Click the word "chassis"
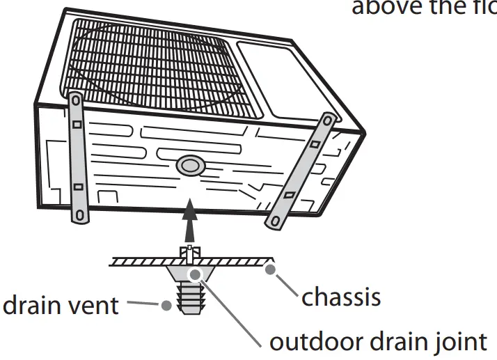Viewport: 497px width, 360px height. point(340,297)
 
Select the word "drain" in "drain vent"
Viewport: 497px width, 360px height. point(35,305)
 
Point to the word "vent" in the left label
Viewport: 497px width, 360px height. point(95,305)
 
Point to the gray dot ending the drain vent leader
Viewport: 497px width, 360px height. point(166,304)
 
